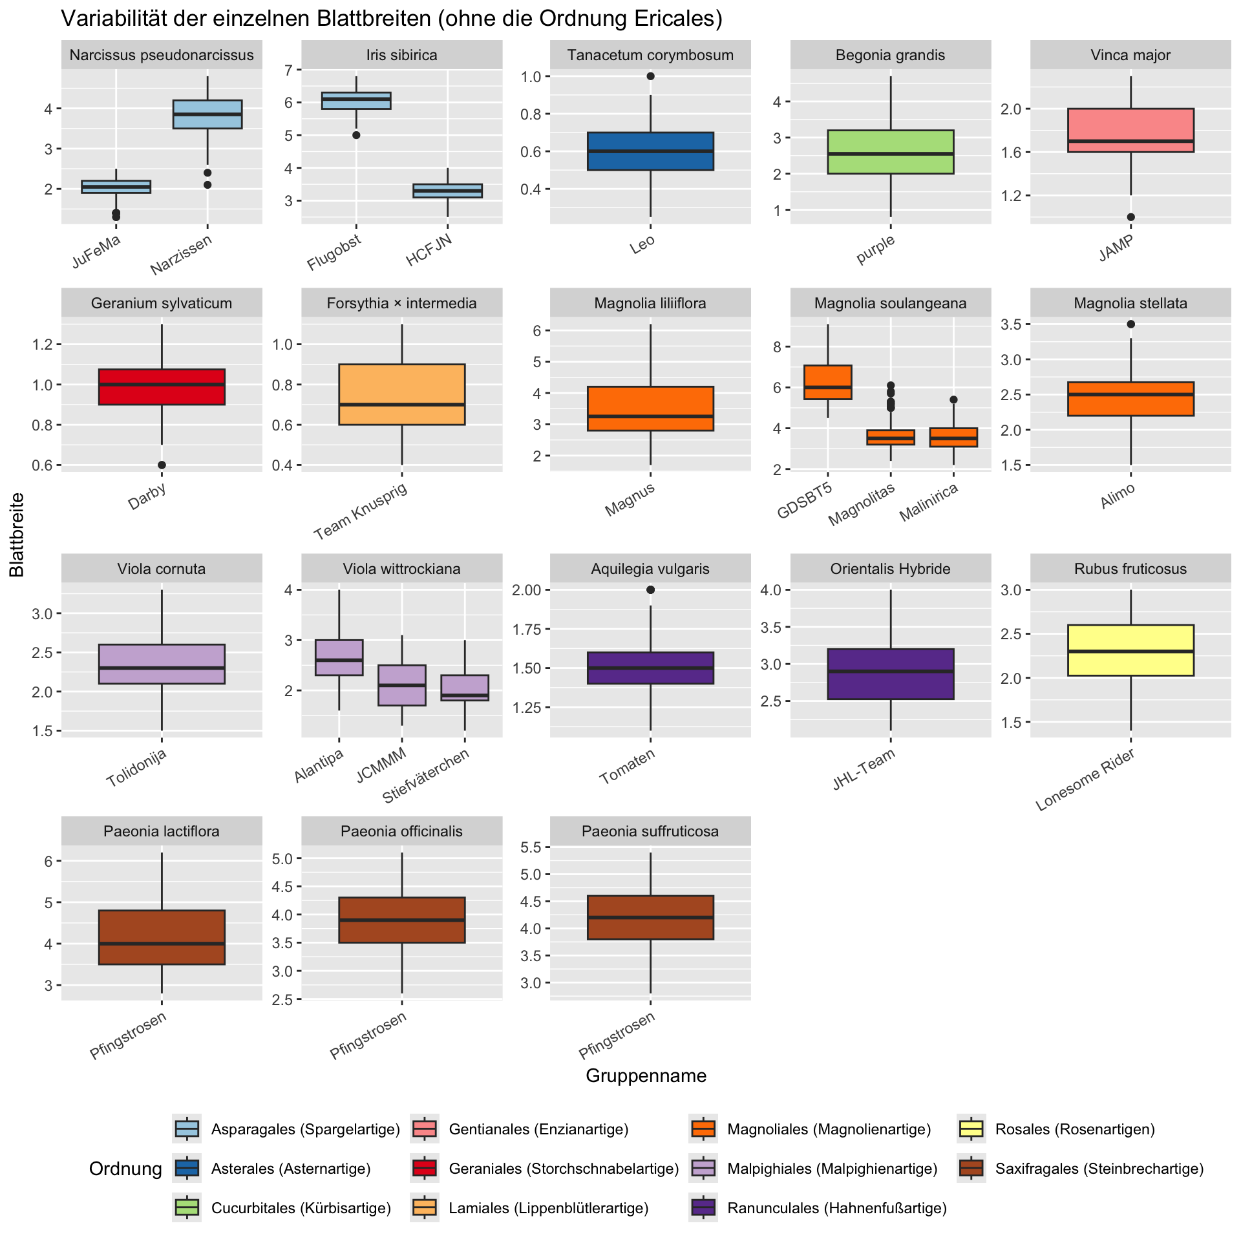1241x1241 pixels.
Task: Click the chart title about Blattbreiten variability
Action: (391, 19)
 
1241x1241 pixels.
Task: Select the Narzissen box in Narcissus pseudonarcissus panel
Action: (207, 114)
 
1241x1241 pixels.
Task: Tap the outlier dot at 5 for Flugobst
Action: (356, 135)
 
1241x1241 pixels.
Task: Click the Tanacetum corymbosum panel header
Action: (650, 55)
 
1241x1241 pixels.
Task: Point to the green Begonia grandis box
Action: (891, 152)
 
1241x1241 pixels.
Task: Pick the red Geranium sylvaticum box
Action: (162, 387)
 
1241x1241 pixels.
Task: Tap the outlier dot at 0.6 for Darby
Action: (162, 465)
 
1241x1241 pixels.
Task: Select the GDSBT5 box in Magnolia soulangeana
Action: (827, 382)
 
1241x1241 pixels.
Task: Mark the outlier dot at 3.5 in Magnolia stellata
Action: (1130, 324)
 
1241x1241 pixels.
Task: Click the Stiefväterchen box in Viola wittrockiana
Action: (465, 688)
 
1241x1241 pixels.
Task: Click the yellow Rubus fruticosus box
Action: (1130, 650)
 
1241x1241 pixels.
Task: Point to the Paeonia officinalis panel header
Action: (401, 831)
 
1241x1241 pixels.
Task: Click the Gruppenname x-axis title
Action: (646, 1076)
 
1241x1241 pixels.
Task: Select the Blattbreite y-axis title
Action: (17, 535)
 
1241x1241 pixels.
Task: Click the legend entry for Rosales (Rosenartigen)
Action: (1074, 1129)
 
